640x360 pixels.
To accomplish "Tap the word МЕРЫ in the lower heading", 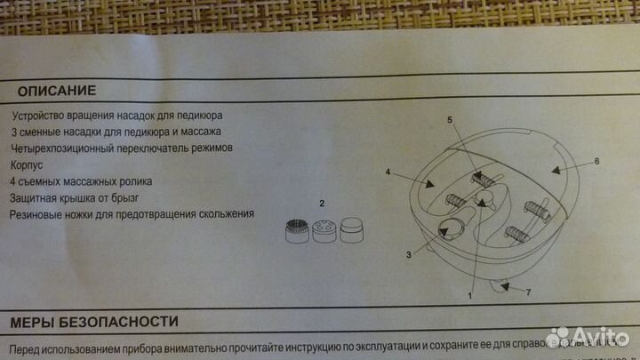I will click(33, 320).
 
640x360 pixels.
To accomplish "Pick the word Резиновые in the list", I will click(38, 214).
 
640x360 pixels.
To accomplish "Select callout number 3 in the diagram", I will click(408, 254).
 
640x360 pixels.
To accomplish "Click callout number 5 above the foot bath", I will click(450, 119).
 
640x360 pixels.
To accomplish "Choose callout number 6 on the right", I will click(597, 161).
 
